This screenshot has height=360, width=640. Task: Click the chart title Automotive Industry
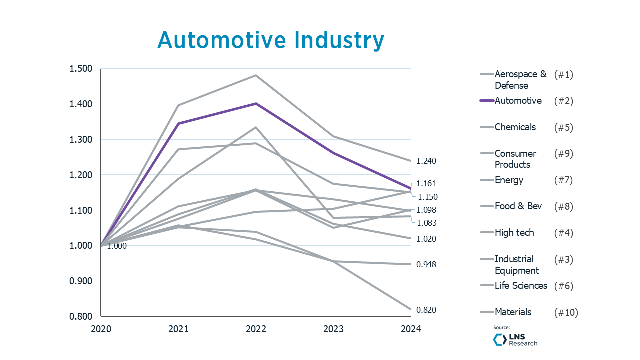coord(271,40)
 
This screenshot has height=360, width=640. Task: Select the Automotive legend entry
coord(518,101)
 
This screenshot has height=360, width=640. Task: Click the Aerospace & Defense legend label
coord(520,80)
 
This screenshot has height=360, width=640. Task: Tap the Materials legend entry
coord(513,312)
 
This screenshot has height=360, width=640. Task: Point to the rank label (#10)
coord(566,312)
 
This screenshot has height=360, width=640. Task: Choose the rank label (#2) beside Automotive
coord(563,101)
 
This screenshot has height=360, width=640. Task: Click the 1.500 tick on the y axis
coord(81,69)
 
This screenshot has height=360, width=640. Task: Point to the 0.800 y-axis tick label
coord(81,316)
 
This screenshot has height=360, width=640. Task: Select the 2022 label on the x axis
coord(256,329)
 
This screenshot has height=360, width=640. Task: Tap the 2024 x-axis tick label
coord(411,329)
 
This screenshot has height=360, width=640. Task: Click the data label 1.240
coord(426,161)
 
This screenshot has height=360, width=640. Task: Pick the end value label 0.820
coord(426,310)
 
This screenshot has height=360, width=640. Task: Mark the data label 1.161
coord(426,184)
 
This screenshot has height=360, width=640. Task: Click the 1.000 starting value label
coord(117,246)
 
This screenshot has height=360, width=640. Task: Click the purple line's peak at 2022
coord(256,103)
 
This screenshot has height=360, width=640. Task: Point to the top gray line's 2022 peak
coord(256,75)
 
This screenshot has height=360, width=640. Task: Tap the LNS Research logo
coord(515,340)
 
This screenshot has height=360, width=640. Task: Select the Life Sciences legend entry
coord(521,286)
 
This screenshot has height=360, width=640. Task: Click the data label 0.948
coord(426,264)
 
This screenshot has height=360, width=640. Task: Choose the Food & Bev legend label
coord(518,206)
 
